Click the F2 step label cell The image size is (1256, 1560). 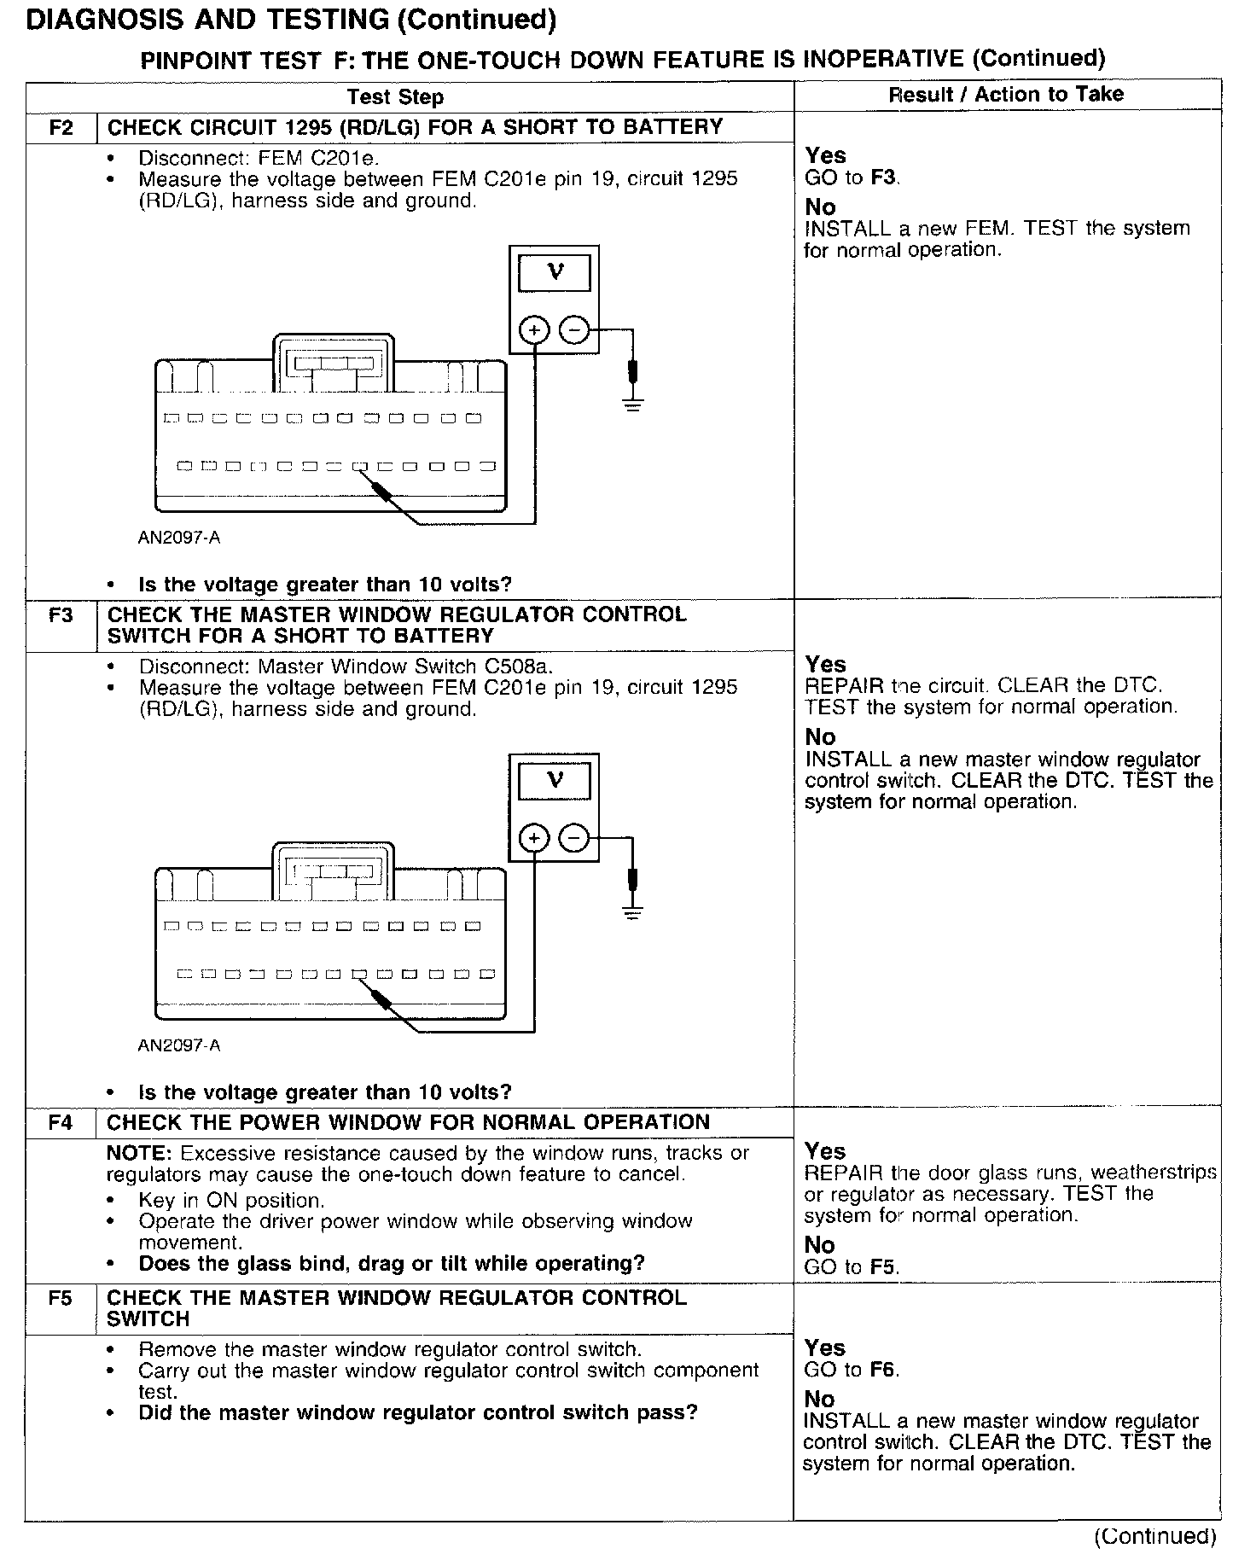coord(61,128)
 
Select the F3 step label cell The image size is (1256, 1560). coord(61,615)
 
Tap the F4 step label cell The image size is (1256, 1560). coord(61,1122)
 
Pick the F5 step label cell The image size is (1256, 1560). coord(61,1298)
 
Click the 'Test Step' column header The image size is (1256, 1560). coord(395,97)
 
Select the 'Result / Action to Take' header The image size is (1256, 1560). coord(1006,95)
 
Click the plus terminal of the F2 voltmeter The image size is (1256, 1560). coord(534,329)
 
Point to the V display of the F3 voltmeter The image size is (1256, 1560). coord(555,779)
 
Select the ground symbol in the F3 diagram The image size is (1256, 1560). coord(632,911)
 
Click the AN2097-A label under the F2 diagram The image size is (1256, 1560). coord(179,538)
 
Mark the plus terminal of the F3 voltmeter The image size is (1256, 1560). coord(534,839)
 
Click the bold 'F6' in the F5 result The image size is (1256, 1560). coord(884,1370)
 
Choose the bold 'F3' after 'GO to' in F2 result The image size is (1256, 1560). coord(884,178)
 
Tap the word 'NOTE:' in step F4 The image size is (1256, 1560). coord(140,1154)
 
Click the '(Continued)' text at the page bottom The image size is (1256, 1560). coord(1155,1537)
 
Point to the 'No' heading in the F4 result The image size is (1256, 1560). coord(819,1245)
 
